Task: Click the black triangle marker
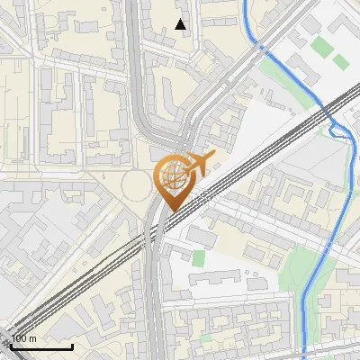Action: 181,24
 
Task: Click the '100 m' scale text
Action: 24,338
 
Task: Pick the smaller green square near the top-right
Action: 340,61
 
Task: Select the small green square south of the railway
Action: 198,258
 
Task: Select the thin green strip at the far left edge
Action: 4,144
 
